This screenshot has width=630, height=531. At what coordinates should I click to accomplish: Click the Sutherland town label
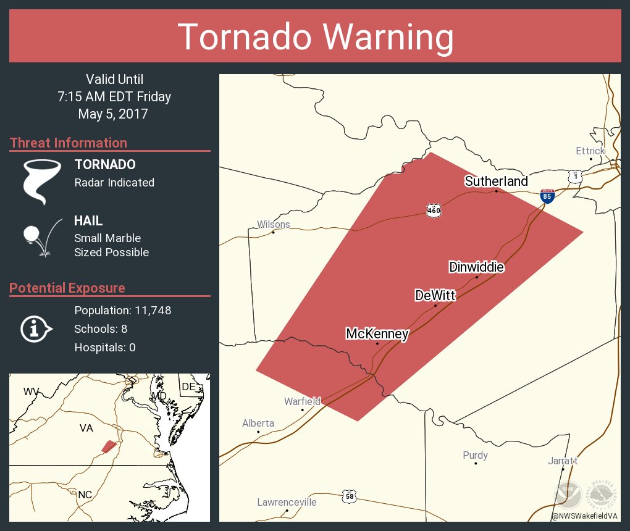496,181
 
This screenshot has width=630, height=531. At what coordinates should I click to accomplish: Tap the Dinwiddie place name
476,267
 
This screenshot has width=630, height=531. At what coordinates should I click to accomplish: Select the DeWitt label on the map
435,296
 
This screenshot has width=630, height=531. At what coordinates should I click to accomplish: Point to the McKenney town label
377,334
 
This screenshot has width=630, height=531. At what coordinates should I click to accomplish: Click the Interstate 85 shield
547,196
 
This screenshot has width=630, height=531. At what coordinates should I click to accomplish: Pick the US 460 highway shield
434,211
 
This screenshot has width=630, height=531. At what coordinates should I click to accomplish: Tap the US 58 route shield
349,496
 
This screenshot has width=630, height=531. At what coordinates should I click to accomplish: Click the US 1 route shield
575,177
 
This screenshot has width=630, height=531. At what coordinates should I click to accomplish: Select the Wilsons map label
273,224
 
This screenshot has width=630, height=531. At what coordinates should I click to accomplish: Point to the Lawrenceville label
287,502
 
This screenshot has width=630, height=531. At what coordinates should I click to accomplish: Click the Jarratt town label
563,461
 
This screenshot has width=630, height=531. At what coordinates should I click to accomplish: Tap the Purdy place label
475,455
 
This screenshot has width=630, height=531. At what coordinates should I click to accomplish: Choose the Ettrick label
590,151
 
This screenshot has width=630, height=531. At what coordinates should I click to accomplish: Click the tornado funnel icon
41,181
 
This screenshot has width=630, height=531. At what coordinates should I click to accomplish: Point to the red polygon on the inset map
109,446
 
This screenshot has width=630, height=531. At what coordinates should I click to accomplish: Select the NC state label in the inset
85,495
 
